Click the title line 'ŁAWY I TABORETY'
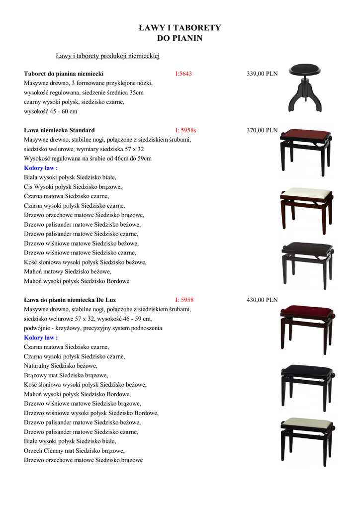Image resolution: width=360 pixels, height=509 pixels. [x=180, y=28]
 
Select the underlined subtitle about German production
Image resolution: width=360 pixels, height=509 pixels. [x=107, y=56]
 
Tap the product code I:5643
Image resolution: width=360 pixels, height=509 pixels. [x=183, y=74]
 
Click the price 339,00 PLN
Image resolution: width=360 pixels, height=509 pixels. [x=262, y=74]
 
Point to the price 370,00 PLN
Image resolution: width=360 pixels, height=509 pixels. [x=262, y=131]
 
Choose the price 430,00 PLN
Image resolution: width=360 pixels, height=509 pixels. [x=262, y=300]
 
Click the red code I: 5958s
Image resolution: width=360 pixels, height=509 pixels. [x=186, y=131]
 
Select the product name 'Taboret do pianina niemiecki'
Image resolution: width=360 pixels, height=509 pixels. [x=64, y=74]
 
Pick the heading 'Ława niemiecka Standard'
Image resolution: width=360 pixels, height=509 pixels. [x=59, y=131]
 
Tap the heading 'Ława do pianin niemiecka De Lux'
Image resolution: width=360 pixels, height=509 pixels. [x=70, y=300]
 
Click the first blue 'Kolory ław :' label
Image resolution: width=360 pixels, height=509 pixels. [x=41, y=168]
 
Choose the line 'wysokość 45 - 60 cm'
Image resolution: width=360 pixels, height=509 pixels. [x=51, y=111]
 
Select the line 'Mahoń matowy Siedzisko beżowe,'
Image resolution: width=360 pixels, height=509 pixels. [x=68, y=272]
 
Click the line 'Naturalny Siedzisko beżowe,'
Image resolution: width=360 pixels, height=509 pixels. [x=61, y=366]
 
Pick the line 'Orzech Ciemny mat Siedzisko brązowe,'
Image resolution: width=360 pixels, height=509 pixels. [x=74, y=451]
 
